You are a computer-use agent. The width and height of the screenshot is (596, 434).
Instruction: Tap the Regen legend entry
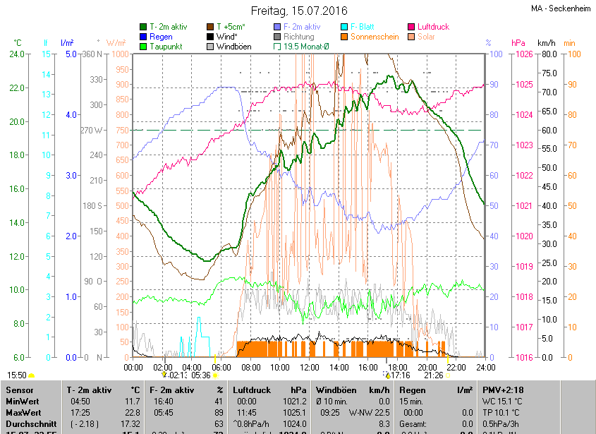(x=161, y=37)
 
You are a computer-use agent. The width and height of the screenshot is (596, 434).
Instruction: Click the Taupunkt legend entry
(x=166, y=47)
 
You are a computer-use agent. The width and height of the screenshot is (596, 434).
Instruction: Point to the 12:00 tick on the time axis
(x=309, y=367)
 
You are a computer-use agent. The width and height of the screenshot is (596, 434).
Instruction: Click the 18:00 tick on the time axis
(x=397, y=367)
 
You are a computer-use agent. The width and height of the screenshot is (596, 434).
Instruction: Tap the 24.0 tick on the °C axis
(x=16, y=54)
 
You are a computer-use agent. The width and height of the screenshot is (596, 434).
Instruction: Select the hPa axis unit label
(x=518, y=42)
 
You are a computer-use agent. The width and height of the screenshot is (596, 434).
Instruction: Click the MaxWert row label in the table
(x=23, y=411)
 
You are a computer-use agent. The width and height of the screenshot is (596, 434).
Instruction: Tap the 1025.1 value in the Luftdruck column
(x=295, y=411)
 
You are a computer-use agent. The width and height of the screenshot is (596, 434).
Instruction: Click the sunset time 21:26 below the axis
(x=433, y=375)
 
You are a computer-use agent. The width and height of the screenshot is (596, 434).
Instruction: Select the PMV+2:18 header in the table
(x=502, y=390)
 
